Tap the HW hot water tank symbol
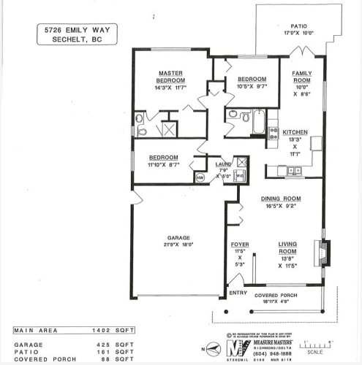[200, 177]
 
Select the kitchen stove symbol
[274, 132]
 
